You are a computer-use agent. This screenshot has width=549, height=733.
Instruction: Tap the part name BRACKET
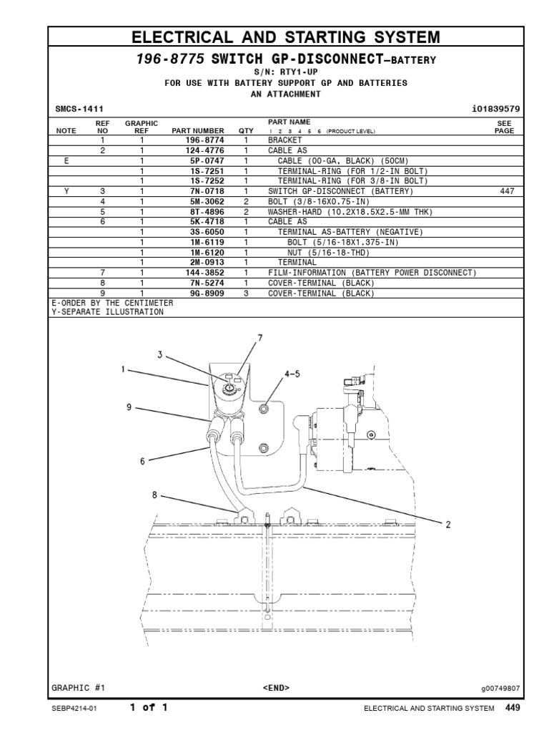pos(285,141)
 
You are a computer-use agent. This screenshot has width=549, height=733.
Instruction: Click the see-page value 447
pos(505,192)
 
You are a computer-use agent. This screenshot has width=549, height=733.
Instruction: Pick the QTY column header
pos(246,131)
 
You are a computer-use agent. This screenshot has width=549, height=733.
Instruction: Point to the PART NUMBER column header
pos(198,131)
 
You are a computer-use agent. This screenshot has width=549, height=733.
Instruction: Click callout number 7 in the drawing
pos(260,337)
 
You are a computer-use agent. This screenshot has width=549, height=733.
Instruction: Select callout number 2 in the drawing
pos(448,525)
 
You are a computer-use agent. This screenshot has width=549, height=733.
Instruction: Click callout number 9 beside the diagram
pos(129,407)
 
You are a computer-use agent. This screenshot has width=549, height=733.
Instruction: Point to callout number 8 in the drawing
pos(154,495)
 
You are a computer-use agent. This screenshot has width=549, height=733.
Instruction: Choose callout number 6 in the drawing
pos(142,462)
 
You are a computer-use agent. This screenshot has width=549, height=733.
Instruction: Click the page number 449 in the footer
pos(513,707)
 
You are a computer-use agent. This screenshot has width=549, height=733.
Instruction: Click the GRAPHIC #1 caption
pos(79,688)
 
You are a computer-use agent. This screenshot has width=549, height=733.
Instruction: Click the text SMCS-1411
pos(80,109)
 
